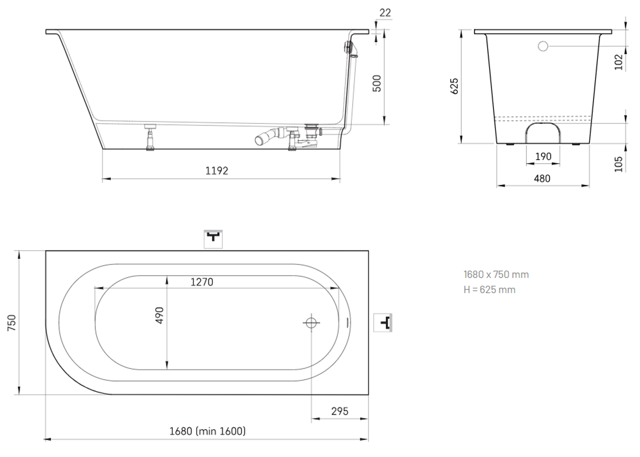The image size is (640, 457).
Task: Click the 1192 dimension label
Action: click(x=217, y=171)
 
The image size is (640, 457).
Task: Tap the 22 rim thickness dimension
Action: click(x=385, y=13)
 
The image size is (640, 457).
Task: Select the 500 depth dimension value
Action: click(x=377, y=83)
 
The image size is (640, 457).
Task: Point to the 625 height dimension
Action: click(x=454, y=86)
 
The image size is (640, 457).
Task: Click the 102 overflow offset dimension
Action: click(x=619, y=62)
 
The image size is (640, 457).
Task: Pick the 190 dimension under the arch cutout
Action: click(x=543, y=156)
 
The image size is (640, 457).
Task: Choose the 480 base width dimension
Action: click(x=542, y=178)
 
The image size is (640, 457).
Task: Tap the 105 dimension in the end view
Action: click(x=619, y=164)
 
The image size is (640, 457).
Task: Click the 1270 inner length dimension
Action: click(x=202, y=282)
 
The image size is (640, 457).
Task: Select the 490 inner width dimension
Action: click(x=160, y=315)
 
